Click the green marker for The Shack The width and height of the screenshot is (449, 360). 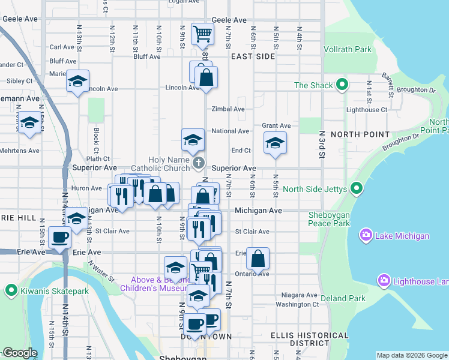(x=342, y=85)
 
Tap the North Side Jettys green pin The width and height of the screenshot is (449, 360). (x=357, y=190)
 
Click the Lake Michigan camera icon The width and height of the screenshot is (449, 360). (x=366, y=236)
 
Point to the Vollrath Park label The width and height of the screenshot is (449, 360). (x=348, y=50)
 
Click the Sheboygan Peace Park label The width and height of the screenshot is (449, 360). (x=337, y=219)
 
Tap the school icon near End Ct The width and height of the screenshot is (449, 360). (x=275, y=143)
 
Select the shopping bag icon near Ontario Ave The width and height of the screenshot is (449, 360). (x=258, y=258)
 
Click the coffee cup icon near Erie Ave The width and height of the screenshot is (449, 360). (x=59, y=236)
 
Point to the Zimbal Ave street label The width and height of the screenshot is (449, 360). (x=228, y=109)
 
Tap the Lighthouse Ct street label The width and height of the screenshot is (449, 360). (x=366, y=110)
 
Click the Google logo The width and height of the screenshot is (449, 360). (x=20, y=353)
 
